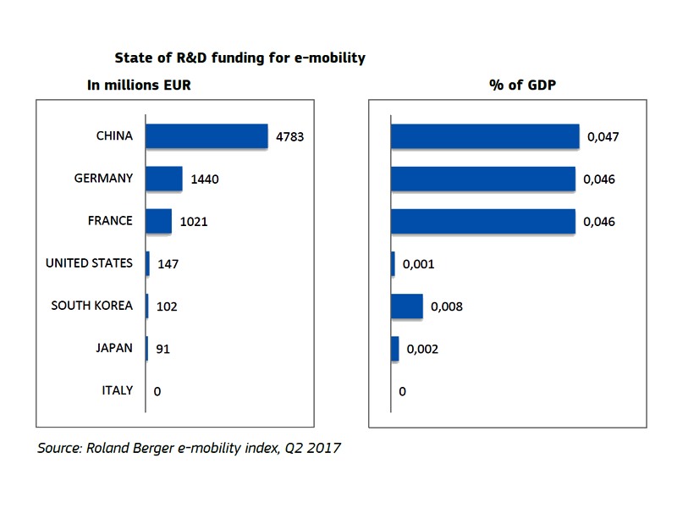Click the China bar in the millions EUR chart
point(206,135)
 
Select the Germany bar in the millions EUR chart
point(164,179)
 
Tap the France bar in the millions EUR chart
point(158,221)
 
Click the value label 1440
point(205,179)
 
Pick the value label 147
point(168,264)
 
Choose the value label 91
point(164,349)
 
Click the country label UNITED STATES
point(89,263)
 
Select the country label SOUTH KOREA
point(91,306)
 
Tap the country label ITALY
point(117,390)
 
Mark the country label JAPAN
point(115,348)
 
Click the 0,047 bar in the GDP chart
point(485,135)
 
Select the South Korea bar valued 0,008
point(406,306)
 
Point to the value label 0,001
point(419,264)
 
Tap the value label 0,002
point(422,349)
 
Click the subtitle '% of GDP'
point(517,85)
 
